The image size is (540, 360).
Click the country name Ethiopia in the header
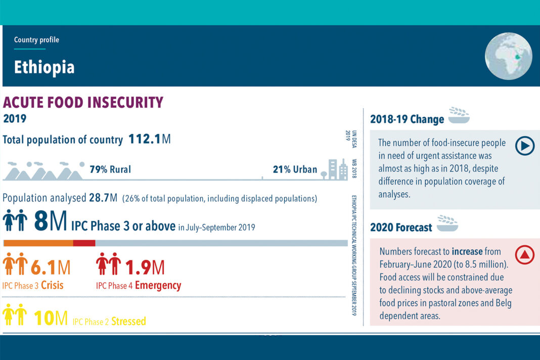coord(44,68)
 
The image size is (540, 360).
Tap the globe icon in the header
coord(508,56)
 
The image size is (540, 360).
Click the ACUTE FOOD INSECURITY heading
coord(83,103)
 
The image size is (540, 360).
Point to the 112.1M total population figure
coord(149,139)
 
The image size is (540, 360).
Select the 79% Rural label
coord(110,169)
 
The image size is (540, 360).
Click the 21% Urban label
coord(295,169)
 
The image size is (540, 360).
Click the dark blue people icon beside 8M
coord(15,221)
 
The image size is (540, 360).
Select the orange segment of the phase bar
coord(38,243)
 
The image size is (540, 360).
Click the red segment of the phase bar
coord(84,243)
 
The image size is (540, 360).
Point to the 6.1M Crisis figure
coord(51,267)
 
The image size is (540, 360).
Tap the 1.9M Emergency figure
coord(145,267)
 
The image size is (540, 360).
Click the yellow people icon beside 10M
coord(15,316)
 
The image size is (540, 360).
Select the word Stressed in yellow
coord(128,321)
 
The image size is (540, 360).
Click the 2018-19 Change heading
coord(407,119)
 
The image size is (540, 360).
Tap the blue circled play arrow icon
coord(524,146)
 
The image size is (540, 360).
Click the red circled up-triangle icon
coord(524,255)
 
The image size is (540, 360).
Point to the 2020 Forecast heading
coord(401,228)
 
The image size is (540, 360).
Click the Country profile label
coord(36,40)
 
